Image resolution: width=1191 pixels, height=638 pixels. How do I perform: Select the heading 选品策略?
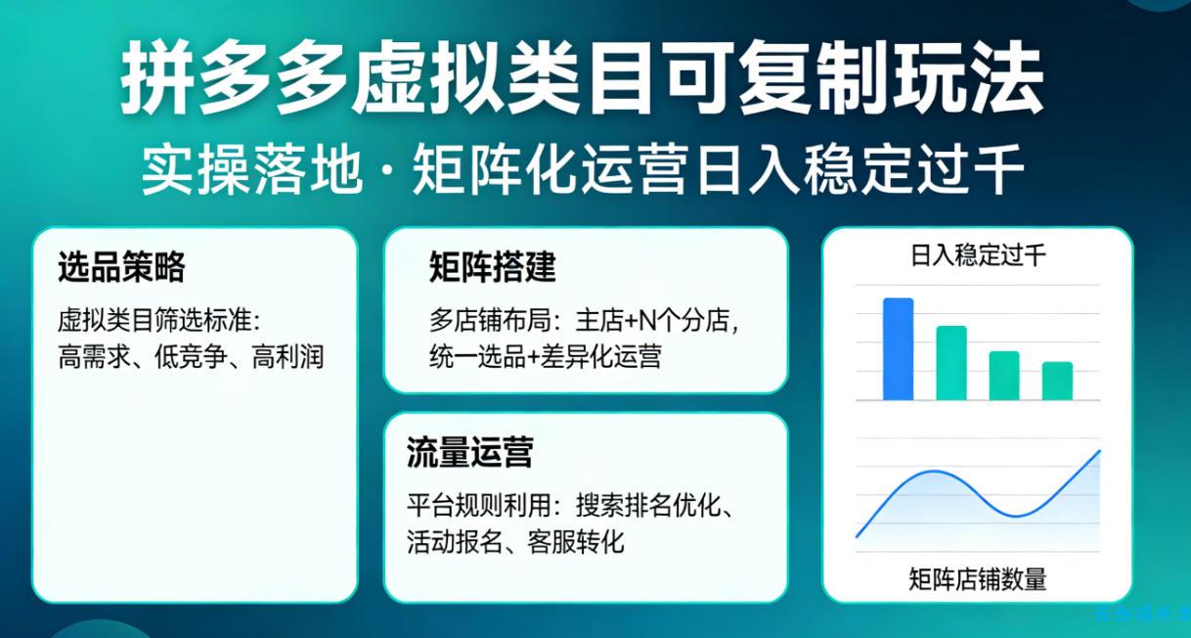click(x=121, y=266)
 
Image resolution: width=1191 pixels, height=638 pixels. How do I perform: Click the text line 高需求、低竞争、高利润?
click(x=191, y=356)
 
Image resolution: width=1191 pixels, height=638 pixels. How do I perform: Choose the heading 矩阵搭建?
click(x=492, y=266)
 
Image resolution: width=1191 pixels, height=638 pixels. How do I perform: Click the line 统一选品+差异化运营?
click(x=545, y=356)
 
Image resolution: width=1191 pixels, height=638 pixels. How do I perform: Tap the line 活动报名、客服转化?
click(x=515, y=541)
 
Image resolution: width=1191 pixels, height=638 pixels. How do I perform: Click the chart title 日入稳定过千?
click(x=978, y=256)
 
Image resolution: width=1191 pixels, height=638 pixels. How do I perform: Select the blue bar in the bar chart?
click(x=898, y=349)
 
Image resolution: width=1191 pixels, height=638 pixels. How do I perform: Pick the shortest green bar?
click(x=1057, y=381)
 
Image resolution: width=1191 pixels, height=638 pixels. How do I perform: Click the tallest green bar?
click(x=951, y=363)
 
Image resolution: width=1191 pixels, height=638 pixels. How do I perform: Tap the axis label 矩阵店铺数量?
click(x=978, y=579)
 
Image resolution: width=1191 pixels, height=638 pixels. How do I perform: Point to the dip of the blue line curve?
click(x=1017, y=515)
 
